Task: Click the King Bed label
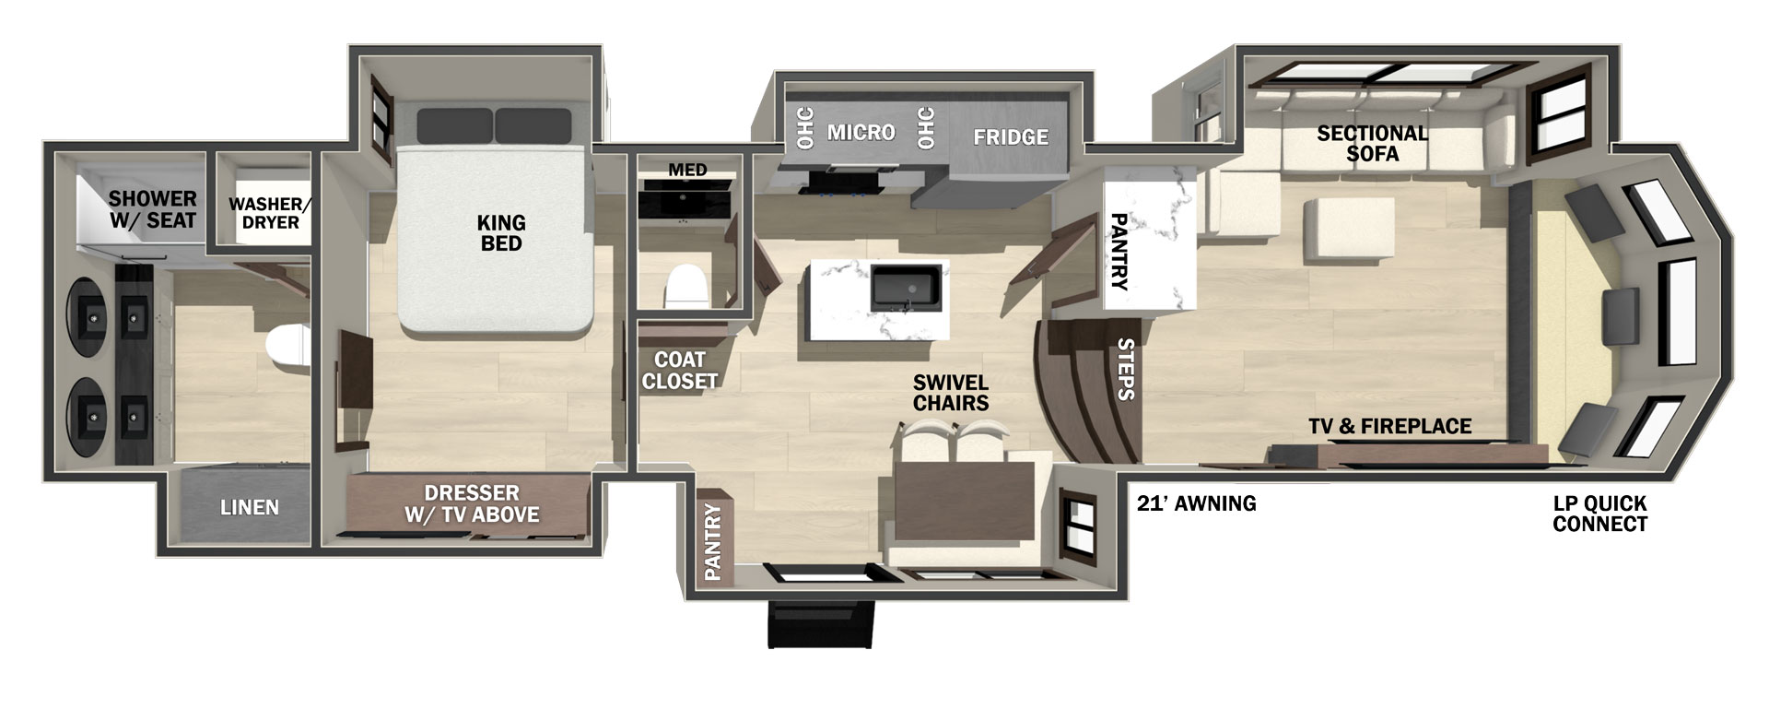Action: point(501,233)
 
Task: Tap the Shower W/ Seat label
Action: point(152,209)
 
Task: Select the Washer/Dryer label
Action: point(264,213)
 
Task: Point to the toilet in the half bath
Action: point(685,286)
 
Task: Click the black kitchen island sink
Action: point(908,288)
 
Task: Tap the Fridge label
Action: point(1011,137)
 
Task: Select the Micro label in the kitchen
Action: point(861,133)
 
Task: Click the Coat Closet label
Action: point(680,370)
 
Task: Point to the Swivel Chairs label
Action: point(951,393)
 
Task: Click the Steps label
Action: point(1125,369)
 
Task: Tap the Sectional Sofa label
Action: point(1372,143)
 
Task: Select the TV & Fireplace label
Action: point(1389,426)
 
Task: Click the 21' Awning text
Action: point(1196,503)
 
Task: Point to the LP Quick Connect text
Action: point(1599,514)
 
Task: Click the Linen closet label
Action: point(249,507)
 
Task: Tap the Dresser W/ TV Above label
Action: point(472,503)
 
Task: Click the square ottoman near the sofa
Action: point(1339,230)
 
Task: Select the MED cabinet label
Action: point(687,170)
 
